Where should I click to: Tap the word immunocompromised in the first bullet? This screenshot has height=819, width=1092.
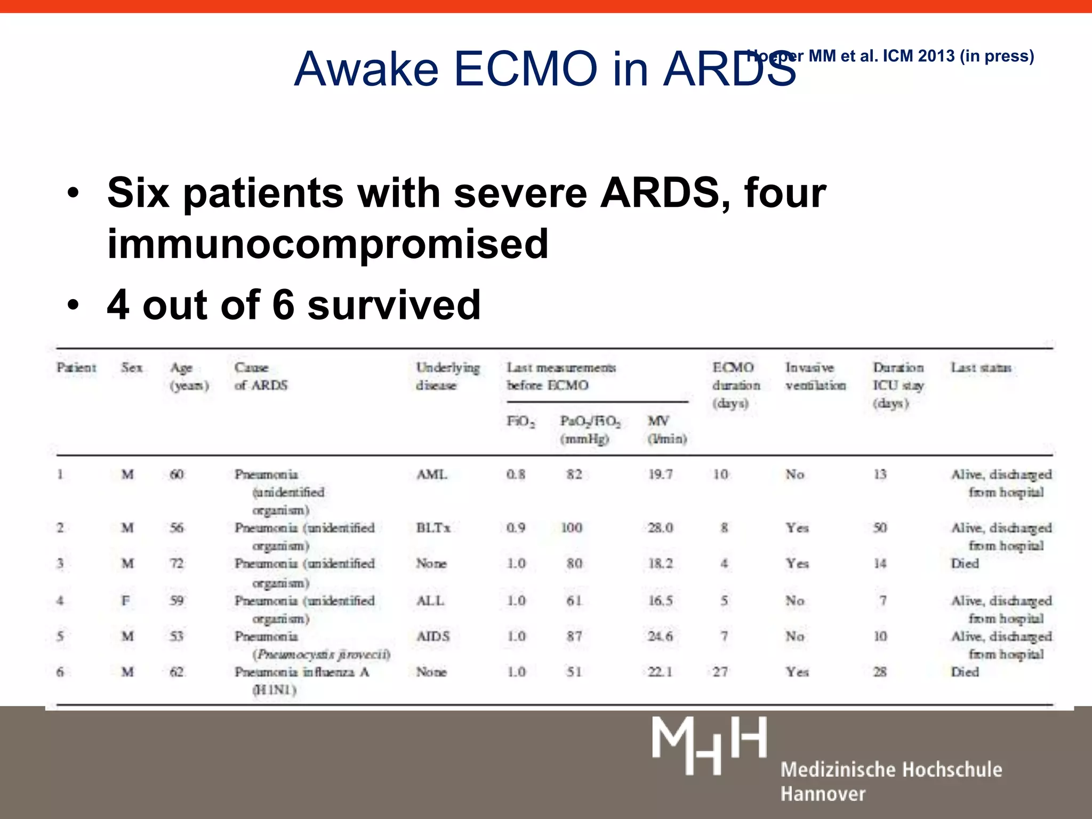pyautogui.click(x=327, y=244)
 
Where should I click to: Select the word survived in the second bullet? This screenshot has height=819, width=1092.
pyautogui.click(x=394, y=305)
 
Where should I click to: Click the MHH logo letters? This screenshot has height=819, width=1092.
pyautogui.click(x=709, y=745)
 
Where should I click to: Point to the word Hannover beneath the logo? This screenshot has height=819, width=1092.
pyautogui.click(x=823, y=794)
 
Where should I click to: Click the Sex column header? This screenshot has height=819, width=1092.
pyautogui.click(x=131, y=367)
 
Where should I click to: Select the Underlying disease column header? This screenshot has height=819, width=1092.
pyautogui.click(x=447, y=376)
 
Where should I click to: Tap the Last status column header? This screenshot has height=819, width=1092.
pyautogui.click(x=981, y=367)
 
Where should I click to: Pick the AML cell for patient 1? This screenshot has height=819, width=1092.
pyautogui.click(x=431, y=474)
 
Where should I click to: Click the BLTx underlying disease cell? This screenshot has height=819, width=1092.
pyautogui.click(x=433, y=528)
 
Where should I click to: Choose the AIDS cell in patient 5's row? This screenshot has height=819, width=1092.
pyautogui.click(x=433, y=636)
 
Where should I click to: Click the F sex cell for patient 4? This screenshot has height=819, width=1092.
pyautogui.click(x=126, y=601)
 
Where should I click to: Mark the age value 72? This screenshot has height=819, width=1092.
pyautogui.click(x=176, y=564)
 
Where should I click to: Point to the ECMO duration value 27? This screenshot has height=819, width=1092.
pyautogui.click(x=720, y=672)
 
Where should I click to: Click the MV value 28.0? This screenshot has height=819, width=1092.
pyautogui.click(x=660, y=528)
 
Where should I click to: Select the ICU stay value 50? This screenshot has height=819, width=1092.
pyautogui.click(x=880, y=528)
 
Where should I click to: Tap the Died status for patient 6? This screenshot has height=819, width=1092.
pyautogui.click(x=965, y=672)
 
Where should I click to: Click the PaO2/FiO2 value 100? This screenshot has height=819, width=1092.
pyautogui.click(x=572, y=528)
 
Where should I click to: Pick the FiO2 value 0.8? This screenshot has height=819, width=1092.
pyautogui.click(x=516, y=474)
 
